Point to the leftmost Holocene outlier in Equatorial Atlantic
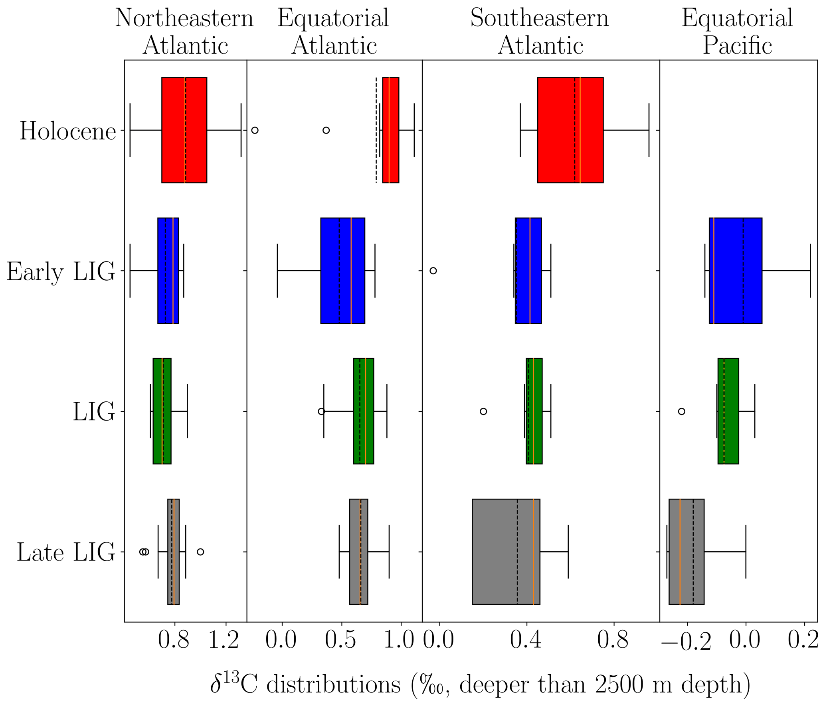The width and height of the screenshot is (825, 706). pos(255,130)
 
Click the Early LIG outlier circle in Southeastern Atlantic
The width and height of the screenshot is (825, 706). pos(433,271)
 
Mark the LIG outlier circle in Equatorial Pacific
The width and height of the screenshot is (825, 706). pos(682,411)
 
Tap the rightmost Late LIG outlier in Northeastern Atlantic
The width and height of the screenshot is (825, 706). pos(200,552)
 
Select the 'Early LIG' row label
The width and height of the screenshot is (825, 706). pos(61,272)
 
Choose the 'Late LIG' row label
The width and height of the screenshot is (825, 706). pos(66,553)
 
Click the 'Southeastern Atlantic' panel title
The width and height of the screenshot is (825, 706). pos(540,31)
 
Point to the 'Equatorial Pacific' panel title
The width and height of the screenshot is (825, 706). pos(737,31)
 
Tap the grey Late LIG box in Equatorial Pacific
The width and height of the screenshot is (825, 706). pos(686,551)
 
